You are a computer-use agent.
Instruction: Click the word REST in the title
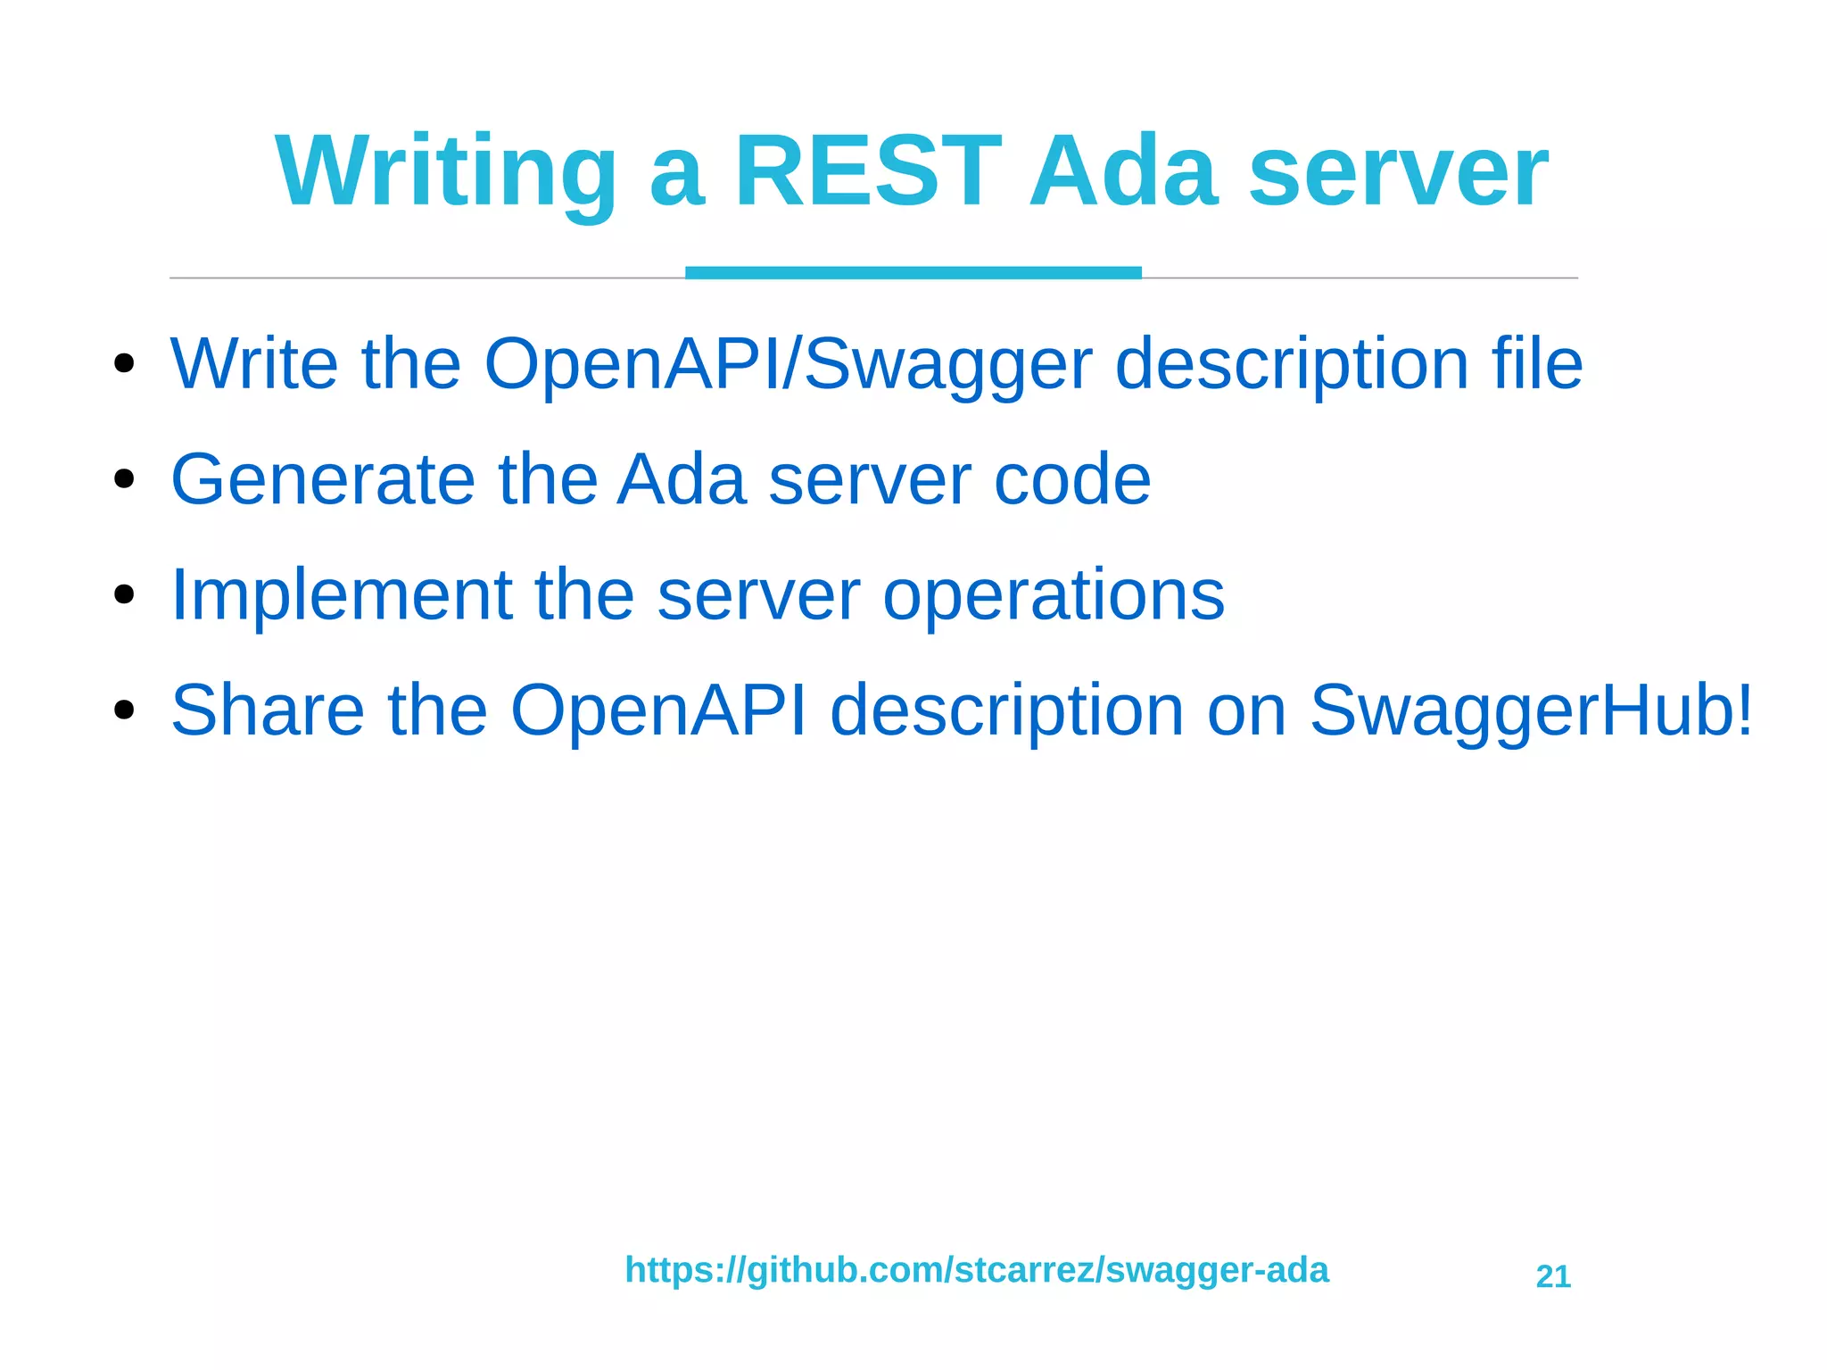click(x=867, y=171)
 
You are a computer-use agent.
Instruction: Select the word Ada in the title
click(x=1122, y=171)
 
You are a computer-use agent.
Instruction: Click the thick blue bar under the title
click(x=913, y=272)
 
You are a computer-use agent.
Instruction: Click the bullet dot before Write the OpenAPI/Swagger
click(x=124, y=363)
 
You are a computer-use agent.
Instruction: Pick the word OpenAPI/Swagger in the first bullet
click(x=787, y=363)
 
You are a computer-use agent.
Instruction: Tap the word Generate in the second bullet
click(x=323, y=479)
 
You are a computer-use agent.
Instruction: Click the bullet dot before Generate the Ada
click(x=124, y=479)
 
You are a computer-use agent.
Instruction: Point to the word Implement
click(x=341, y=595)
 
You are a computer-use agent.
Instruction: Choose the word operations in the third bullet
click(x=1053, y=595)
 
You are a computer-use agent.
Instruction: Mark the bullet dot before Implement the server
click(x=124, y=595)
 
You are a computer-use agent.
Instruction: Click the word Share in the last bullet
click(x=268, y=710)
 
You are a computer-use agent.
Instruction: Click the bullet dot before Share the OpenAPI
click(x=124, y=710)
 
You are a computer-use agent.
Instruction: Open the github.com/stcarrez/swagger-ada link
click(x=976, y=1269)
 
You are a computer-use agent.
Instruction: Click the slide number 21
click(x=1552, y=1276)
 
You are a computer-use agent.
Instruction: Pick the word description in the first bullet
click(x=1292, y=363)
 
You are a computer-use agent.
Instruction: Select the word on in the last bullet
click(x=1246, y=710)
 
